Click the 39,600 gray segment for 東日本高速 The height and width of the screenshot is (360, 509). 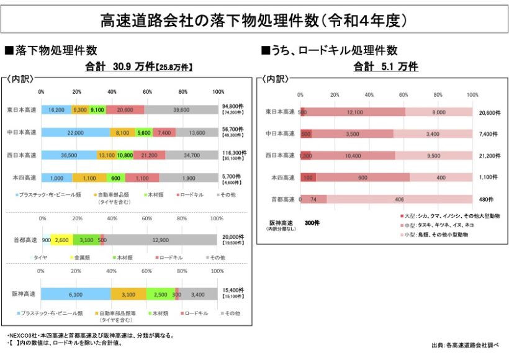point(181,110)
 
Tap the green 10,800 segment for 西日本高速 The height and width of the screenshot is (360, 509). point(125,155)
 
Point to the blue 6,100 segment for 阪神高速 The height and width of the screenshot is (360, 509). point(76,294)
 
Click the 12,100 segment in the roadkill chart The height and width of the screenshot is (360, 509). point(355,112)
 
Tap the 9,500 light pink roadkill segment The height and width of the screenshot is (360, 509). point(433,155)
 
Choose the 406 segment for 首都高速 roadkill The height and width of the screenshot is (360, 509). point(399,199)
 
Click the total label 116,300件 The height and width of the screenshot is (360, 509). point(233,152)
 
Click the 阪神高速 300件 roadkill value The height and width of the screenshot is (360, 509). point(312,222)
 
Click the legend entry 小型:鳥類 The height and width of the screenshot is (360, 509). point(435,235)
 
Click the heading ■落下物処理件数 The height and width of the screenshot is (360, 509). point(50,50)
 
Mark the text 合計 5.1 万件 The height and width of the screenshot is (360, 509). point(385,66)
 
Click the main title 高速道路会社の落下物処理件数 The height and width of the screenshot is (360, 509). point(254,21)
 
